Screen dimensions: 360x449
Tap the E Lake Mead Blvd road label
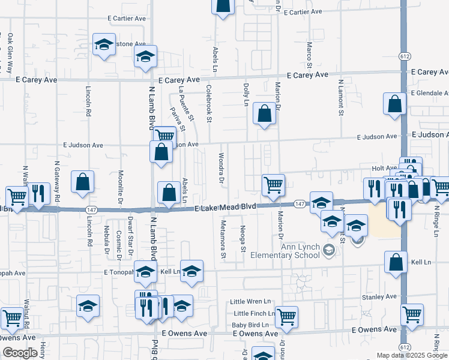226,207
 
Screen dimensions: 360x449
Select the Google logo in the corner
20,353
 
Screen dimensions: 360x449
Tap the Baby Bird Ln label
251,325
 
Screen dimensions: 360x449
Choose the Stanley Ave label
379,296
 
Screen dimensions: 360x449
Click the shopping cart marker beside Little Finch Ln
286,315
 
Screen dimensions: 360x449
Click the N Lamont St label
340,97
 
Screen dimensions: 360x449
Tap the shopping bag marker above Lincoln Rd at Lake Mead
82,181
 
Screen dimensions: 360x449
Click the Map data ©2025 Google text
412,355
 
